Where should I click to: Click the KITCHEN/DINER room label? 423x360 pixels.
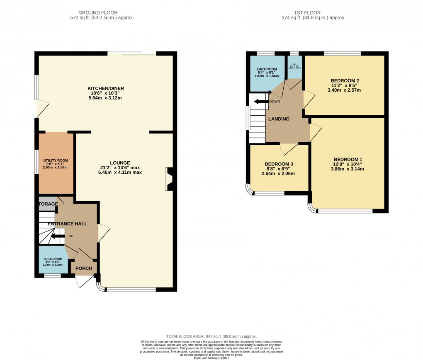pyautogui.click(x=105, y=88)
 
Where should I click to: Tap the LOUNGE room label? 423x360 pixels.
pyautogui.click(x=120, y=163)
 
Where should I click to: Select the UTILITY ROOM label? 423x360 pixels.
pyautogui.click(x=56, y=161)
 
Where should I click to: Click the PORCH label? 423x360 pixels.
pyautogui.click(x=84, y=268)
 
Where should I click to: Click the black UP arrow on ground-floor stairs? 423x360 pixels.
pyautogui.click(x=58, y=236)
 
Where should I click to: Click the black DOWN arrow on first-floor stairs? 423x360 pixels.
pyautogui.click(x=261, y=102)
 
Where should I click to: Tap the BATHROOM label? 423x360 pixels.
pyautogui.click(x=267, y=69)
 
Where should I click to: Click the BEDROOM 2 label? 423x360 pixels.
pyautogui.click(x=344, y=80)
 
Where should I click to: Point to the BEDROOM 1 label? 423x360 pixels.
pyautogui.click(x=348, y=159)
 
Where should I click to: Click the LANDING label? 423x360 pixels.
pyautogui.click(x=279, y=119)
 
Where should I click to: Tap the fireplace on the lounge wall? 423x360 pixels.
pyautogui.click(x=170, y=179)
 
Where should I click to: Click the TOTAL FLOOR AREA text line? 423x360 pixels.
pyautogui.click(x=211, y=336)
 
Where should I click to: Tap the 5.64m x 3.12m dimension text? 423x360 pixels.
pyautogui.click(x=105, y=98)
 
